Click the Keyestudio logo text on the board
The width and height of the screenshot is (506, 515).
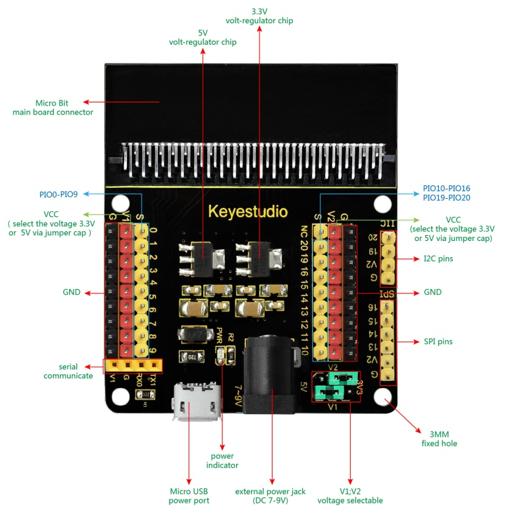click(248, 212)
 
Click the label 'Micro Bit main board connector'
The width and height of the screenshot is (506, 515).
click(52, 108)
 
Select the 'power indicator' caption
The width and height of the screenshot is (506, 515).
click(222, 461)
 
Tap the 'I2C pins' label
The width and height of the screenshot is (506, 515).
click(438, 259)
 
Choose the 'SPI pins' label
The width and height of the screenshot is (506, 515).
click(438, 341)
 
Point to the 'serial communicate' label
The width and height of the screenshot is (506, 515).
click(68, 371)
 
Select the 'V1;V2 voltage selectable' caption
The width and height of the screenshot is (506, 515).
click(349, 496)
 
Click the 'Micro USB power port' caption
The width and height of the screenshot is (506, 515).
click(188, 496)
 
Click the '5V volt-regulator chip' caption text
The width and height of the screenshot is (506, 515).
click(203, 37)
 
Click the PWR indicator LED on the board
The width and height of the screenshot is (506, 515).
click(222, 354)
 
